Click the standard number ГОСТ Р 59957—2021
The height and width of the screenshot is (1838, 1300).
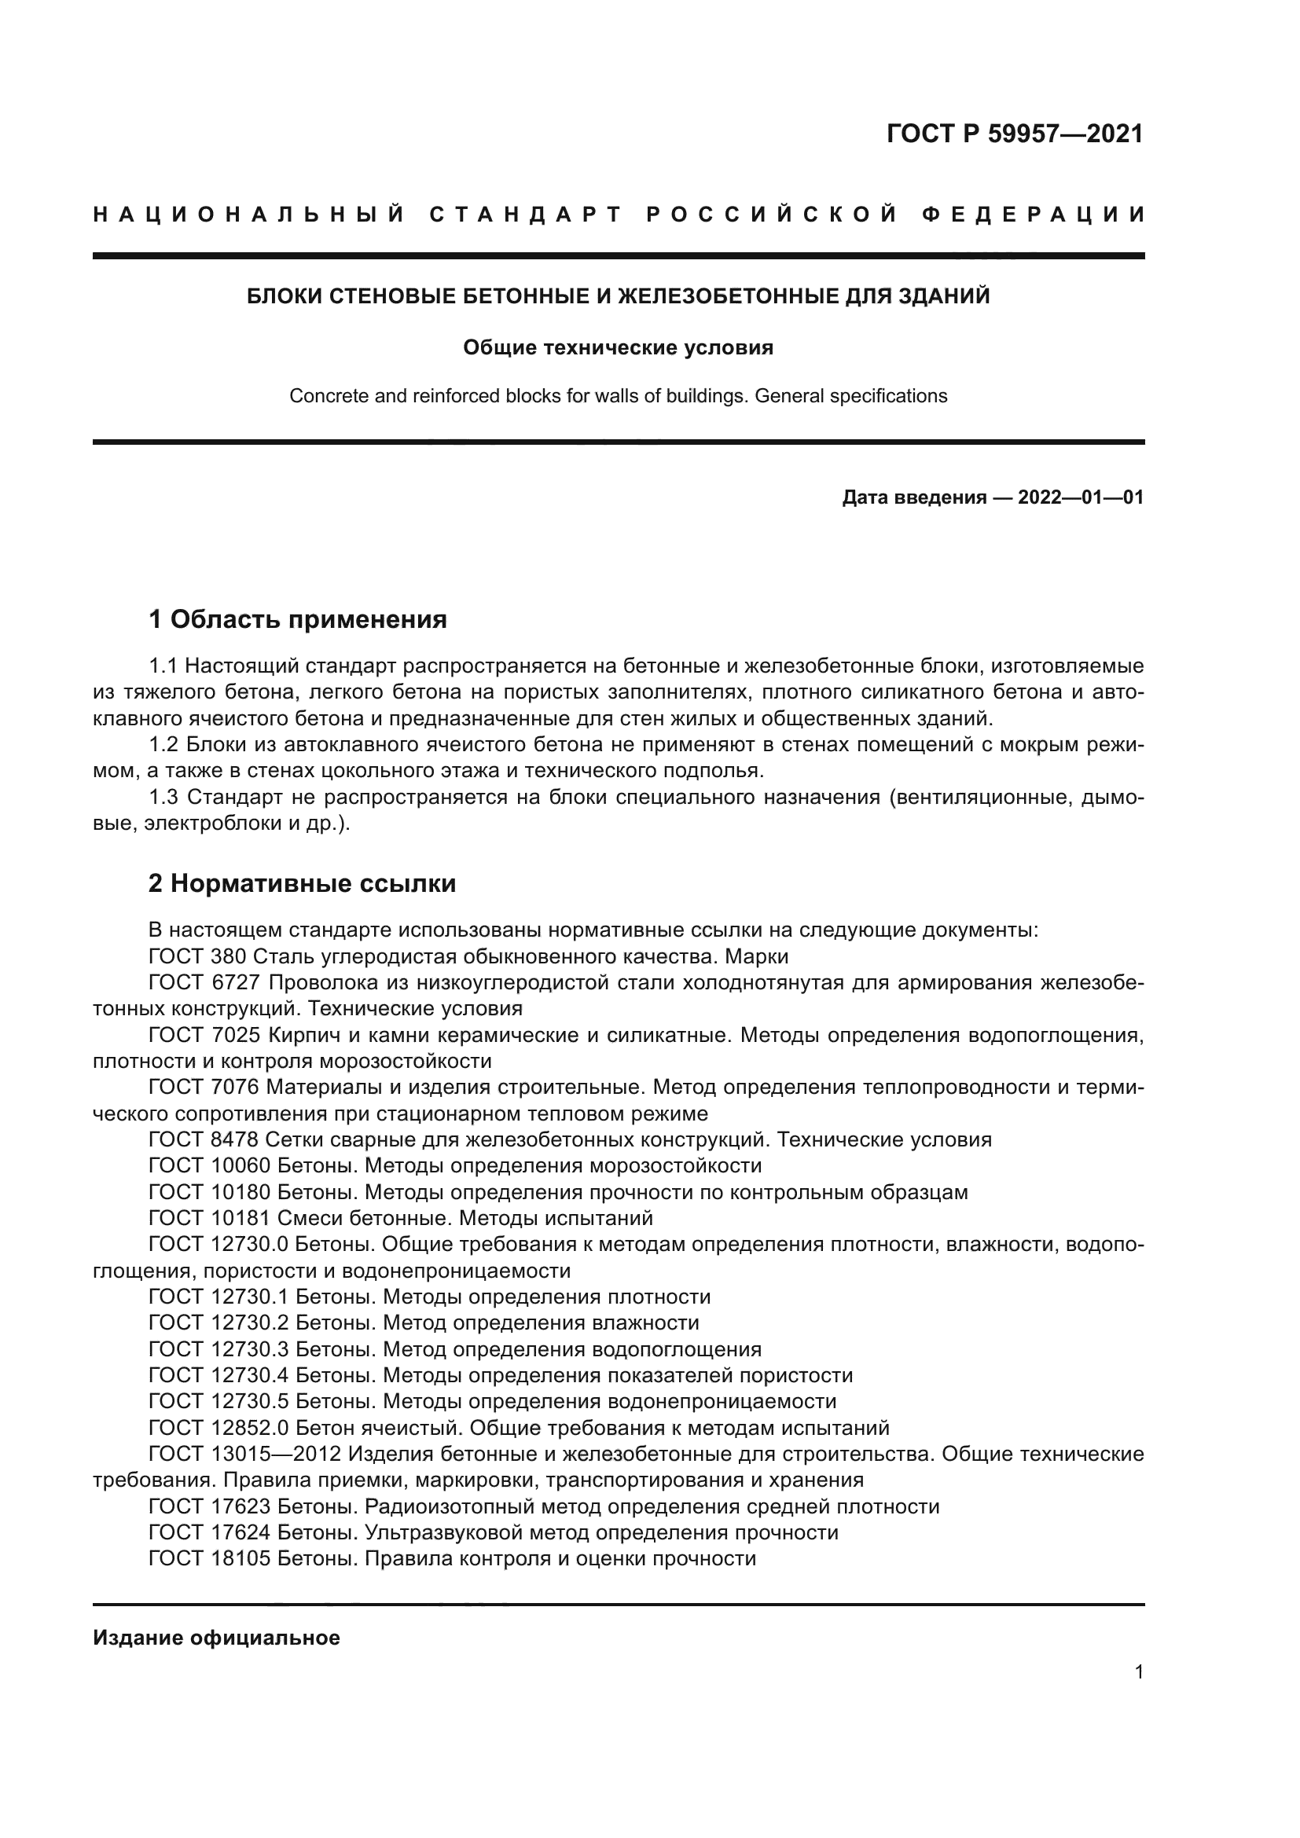[1014, 134]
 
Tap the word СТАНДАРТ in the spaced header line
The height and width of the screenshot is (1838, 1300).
[525, 215]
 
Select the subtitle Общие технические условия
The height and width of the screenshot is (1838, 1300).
[618, 347]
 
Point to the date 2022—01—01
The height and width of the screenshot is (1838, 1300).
[1080, 497]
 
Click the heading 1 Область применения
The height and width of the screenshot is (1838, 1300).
[298, 618]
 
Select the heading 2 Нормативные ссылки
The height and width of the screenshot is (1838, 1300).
[302, 883]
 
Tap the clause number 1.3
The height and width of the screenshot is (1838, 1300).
[164, 798]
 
